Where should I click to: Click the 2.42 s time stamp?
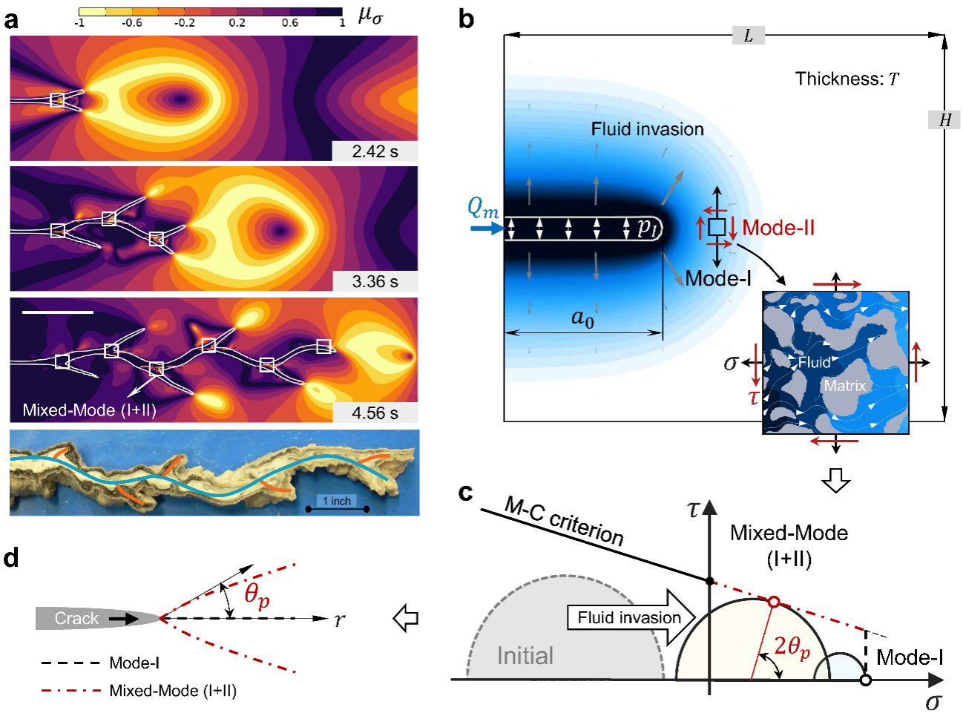click(x=375, y=151)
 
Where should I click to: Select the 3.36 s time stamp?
click(x=375, y=282)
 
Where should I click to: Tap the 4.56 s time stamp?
click(x=375, y=413)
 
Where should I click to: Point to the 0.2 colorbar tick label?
click(x=237, y=23)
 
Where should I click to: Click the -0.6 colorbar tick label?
click(x=131, y=23)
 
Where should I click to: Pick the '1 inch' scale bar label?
click(x=337, y=501)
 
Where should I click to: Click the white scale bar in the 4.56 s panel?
click(x=58, y=312)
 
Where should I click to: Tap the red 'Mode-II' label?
click(x=778, y=228)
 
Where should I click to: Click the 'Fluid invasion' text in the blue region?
click(x=647, y=129)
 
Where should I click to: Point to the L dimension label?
click(x=748, y=35)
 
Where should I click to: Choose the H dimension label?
click(x=944, y=119)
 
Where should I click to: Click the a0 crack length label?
click(x=582, y=318)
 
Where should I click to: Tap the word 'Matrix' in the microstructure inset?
click(x=844, y=386)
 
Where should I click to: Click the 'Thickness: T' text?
click(x=847, y=79)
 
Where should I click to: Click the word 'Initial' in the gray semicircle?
click(x=525, y=656)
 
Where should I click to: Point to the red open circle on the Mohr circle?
click(x=774, y=602)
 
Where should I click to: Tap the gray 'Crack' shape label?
click(x=76, y=618)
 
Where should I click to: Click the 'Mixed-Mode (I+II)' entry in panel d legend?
click(x=172, y=691)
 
